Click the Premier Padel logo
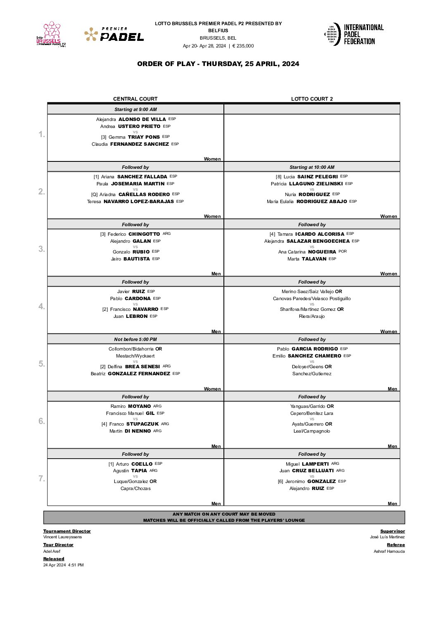click(114, 35)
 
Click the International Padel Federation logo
click(354, 34)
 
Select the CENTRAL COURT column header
click(135, 99)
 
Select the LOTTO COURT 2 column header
click(312, 99)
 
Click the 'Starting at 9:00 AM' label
click(135, 109)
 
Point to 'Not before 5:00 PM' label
click(135, 339)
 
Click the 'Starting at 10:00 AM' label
click(312, 167)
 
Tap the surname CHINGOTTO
click(144, 234)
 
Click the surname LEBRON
click(137, 316)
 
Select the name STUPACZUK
click(142, 424)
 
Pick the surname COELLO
click(142, 464)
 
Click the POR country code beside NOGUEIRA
click(343, 251)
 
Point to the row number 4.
click(42, 306)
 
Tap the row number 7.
click(42, 478)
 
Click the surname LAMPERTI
click(315, 464)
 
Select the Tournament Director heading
click(67, 531)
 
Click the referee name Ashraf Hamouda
click(389, 552)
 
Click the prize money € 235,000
click(243, 46)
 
